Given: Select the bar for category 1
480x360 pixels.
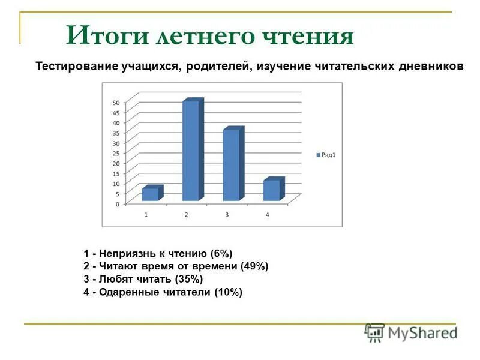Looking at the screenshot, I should [151, 194].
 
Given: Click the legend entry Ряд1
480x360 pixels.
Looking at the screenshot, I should [326, 155].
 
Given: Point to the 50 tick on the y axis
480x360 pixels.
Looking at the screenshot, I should [115, 103].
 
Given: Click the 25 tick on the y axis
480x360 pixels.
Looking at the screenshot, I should [115, 153].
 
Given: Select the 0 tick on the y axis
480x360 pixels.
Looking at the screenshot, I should [116, 204].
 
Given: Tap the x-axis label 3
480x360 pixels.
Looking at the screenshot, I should [227, 215].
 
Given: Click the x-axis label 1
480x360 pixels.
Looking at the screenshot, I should [146, 215].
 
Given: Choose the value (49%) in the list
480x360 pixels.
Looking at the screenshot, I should [254, 266].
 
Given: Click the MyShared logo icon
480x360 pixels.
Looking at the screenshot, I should [375, 332].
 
